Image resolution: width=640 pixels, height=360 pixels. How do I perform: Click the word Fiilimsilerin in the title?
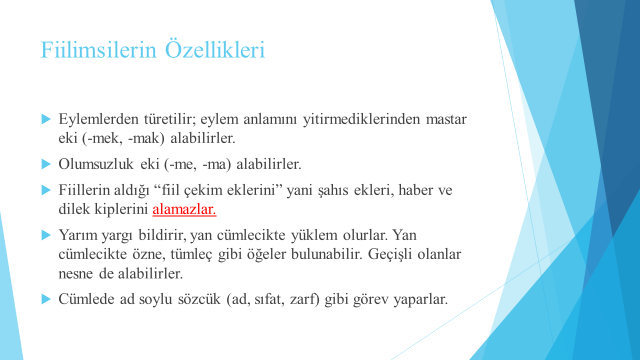pyautogui.click(x=99, y=49)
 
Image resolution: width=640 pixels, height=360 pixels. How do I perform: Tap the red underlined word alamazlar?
pyautogui.click(x=184, y=209)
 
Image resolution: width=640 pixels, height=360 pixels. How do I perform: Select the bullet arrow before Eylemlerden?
pyautogui.click(x=46, y=119)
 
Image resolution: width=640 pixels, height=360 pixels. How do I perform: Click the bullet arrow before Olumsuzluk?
pyautogui.click(x=46, y=164)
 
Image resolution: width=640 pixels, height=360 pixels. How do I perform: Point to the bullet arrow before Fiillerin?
pyautogui.click(x=46, y=190)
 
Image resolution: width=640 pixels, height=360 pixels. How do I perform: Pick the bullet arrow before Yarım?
pyautogui.click(x=46, y=235)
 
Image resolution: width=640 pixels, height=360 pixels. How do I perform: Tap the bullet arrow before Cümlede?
pyautogui.click(x=46, y=299)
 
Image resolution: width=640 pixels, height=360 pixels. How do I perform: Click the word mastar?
pyautogui.click(x=446, y=119)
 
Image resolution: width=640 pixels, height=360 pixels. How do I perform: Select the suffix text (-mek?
pyautogui.click(x=102, y=139)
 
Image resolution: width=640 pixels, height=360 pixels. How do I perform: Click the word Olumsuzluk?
pyautogui.click(x=96, y=164)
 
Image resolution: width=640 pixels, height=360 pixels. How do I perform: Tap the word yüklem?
pyautogui.click(x=314, y=235)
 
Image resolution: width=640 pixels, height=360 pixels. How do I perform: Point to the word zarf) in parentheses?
pyautogui.click(x=304, y=299)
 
